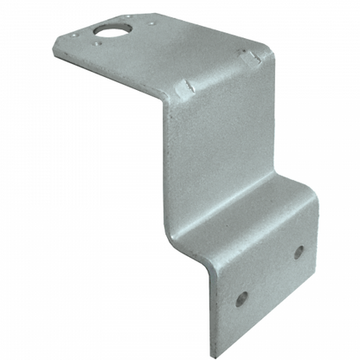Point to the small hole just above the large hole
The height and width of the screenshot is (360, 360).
pyautogui.click(x=126, y=17)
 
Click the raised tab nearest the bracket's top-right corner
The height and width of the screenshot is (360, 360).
pyautogui.click(x=249, y=58)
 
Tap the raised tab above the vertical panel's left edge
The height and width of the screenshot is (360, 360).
pyautogui.click(x=185, y=87)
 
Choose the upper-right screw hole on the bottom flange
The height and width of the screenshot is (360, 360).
pyautogui.click(x=299, y=252)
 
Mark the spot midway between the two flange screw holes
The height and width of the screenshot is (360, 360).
pyautogui.click(x=270, y=274)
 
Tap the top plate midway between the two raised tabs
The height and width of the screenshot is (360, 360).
pyautogui.click(x=217, y=73)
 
